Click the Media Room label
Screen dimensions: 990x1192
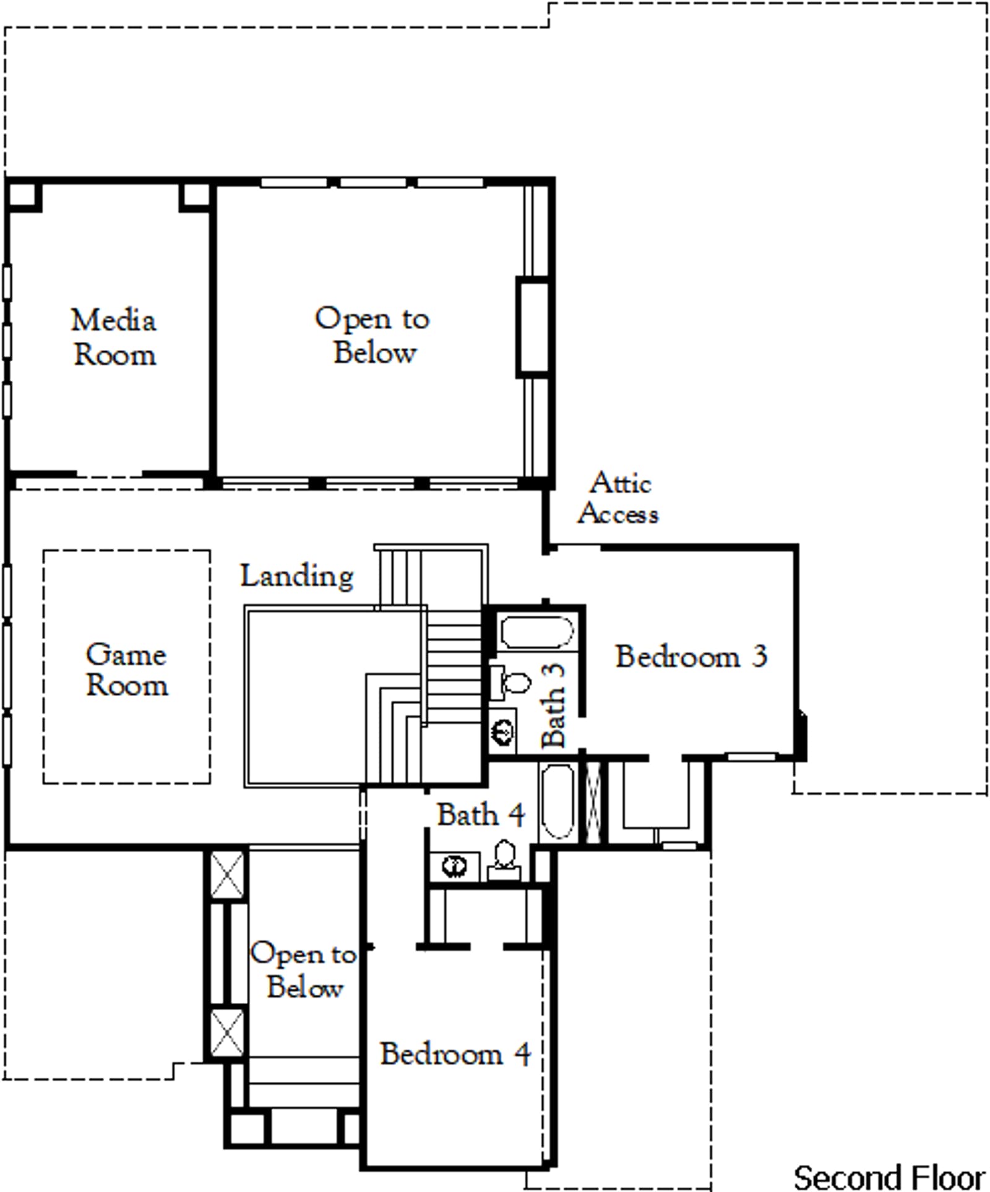point(114,338)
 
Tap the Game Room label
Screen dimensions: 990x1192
point(126,670)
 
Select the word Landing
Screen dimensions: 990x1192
point(297,576)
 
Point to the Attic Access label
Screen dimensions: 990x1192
point(618,498)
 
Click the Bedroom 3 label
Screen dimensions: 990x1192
point(691,656)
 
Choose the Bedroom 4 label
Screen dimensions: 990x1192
point(455,1054)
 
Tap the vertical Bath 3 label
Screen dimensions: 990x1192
point(553,705)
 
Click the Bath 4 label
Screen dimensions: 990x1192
point(481,815)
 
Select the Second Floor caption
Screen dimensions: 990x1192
point(890,1177)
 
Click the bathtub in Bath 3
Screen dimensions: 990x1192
point(537,632)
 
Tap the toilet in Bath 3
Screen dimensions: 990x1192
point(511,683)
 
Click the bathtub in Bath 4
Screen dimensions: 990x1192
point(559,802)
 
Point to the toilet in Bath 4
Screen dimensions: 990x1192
point(505,860)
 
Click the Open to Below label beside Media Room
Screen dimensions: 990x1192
point(372,336)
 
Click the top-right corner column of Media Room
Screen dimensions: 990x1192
point(195,196)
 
